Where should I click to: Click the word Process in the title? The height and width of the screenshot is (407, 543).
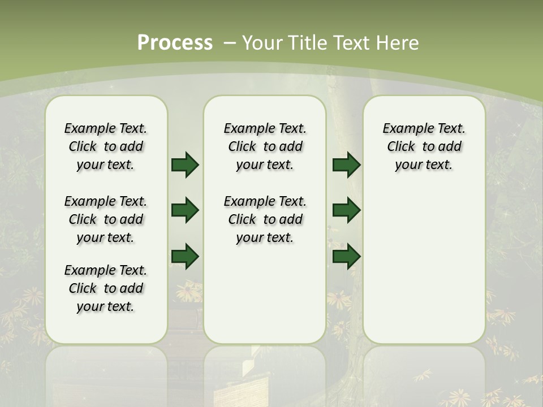175,43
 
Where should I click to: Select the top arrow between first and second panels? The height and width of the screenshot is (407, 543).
185,164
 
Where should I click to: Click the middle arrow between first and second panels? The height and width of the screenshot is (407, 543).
185,210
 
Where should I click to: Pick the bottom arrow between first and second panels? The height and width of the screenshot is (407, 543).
185,256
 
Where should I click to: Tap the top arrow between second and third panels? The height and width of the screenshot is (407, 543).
346,164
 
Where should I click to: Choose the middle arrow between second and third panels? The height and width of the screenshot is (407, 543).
346,210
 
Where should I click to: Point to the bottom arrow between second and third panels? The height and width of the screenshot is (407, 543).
346,256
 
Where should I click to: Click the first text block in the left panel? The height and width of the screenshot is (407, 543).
106,146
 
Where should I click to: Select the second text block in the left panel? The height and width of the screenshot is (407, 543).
106,219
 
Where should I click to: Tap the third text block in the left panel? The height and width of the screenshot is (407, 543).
106,288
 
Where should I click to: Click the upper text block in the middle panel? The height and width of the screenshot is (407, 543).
265,146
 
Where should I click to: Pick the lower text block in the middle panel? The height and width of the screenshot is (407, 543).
265,219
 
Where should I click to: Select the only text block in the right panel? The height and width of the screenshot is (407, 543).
424,146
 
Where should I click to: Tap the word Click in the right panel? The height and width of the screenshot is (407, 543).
401,147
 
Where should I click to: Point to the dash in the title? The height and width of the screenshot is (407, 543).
230,43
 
